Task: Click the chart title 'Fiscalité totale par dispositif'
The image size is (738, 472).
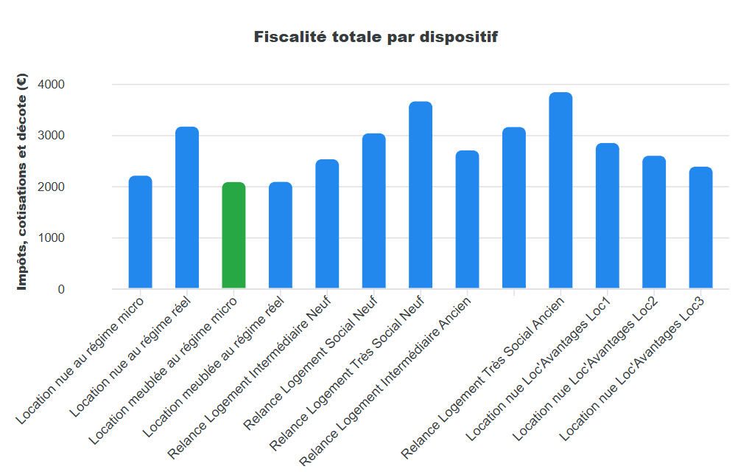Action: (376, 37)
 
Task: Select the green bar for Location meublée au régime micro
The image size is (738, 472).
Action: (233, 235)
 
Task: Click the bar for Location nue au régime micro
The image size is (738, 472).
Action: (140, 232)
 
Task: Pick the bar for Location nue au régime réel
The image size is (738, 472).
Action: (187, 207)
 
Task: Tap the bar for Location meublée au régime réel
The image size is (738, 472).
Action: (281, 235)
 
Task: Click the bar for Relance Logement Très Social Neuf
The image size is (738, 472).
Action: (421, 195)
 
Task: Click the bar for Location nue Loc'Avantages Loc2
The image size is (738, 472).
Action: (654, 222)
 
